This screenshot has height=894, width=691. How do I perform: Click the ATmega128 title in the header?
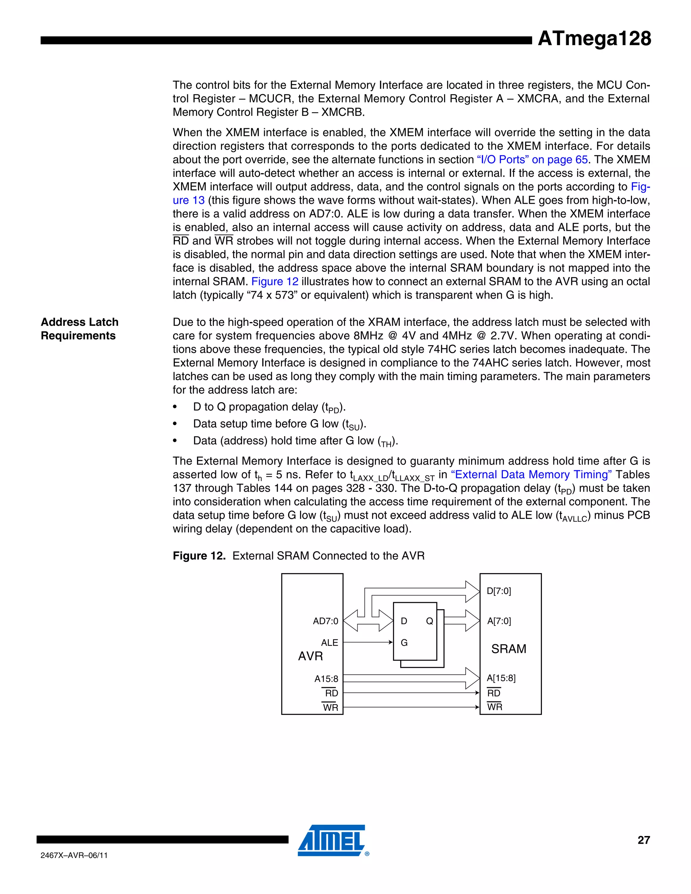coord(594,38)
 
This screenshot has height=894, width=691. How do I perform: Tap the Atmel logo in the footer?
coord(332,840)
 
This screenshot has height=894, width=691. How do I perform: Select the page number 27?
coord(643,840)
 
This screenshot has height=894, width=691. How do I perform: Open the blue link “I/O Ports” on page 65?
coord(532,160)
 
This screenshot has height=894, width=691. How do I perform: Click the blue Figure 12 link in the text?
coord(275,282)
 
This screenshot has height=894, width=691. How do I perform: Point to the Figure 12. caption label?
coord(199,556)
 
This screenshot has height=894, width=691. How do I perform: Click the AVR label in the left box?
coord(310,656)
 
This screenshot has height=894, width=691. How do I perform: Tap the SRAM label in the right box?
coord(508,649)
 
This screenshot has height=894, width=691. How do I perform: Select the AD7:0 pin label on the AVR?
coord(326,621)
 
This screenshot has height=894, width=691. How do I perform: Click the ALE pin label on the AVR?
coord(330,643)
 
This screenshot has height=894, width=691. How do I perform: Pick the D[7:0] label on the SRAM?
coord(499,591)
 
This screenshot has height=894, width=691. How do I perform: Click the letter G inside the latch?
coord(404,643)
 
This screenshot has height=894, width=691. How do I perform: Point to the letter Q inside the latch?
coord(430,621)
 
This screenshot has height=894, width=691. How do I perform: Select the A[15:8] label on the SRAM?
coord(501,678)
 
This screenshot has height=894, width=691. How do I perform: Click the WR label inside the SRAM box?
coord(495,707)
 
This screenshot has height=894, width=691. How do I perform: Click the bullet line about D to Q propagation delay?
coord(269,407)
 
